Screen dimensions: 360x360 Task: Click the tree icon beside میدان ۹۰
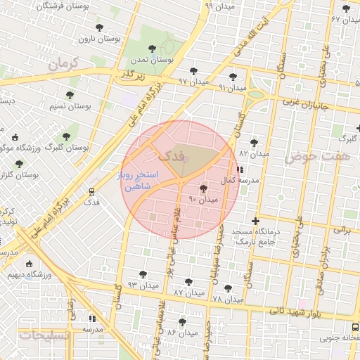tap(204, 188)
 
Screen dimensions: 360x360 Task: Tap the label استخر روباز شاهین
tap(141, 181)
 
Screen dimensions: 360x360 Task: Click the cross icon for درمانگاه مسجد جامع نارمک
tap(255, 221)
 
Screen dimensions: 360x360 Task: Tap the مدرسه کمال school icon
tap(240, 169)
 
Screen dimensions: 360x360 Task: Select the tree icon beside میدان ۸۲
tap(254, 143)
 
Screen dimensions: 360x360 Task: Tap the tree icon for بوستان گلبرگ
tap(66, 136)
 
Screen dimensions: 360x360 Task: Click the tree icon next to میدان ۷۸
tap(227, 288)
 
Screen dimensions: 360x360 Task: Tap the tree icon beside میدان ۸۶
tap(183, 321)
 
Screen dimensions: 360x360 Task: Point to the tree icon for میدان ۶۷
tap(345, 9)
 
